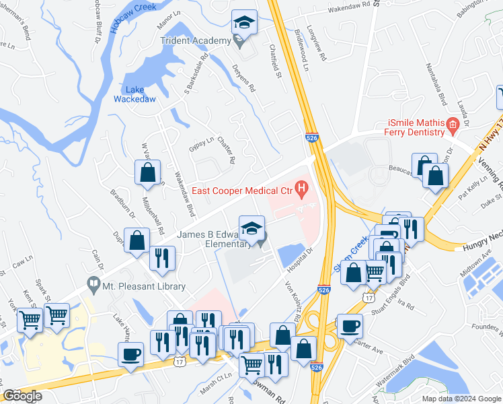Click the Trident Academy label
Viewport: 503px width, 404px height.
(195, 41)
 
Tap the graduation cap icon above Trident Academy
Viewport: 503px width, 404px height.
(243, 23)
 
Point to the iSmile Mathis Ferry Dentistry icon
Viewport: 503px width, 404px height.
(453, 124)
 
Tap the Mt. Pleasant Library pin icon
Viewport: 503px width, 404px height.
(93, 286)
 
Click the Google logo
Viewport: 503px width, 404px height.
(22, 396)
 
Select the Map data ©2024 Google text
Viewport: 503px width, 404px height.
(461, 399)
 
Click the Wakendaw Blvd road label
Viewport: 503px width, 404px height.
(181, 195)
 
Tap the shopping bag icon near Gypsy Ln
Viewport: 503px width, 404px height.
(147, 172)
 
